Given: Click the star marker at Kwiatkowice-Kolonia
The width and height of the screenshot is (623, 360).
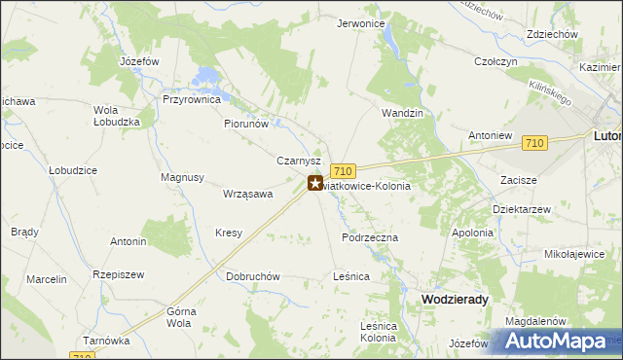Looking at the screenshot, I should [x=315, y=182].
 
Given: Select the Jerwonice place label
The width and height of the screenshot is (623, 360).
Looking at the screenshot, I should [x=361, y=23].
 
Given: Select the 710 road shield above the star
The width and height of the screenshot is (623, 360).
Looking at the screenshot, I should [x=342, y=169].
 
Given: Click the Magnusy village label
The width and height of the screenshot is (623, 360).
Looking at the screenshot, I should [x=182, y=177].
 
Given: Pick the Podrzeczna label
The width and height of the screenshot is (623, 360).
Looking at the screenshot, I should [x=370, y=236].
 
